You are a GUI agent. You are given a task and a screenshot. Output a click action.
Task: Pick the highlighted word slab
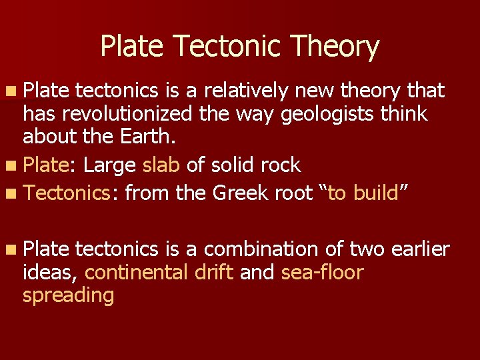(161, 165)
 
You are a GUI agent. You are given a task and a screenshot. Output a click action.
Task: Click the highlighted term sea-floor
(322, 272)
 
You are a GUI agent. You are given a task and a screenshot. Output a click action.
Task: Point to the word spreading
(68, 295)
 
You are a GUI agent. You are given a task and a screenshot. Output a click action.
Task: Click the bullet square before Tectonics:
(13, 193)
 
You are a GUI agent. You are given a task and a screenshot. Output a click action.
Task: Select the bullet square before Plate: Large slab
(13, 165)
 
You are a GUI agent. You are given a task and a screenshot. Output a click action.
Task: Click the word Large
(111, 165)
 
